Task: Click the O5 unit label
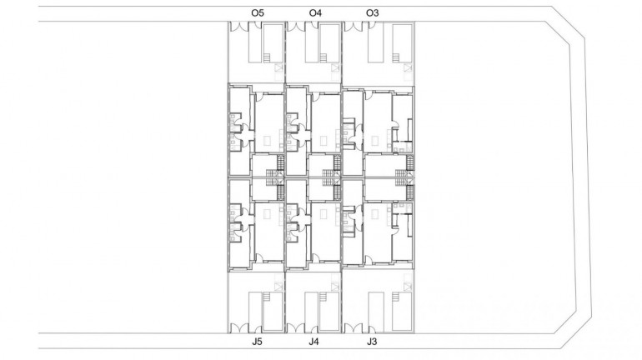pos(258,12)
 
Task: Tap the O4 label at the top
pos(315,12)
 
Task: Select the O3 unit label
pos(373,12)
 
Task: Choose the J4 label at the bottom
pos(313,342)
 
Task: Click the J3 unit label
pos(371,342)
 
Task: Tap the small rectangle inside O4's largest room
pos(324,140)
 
